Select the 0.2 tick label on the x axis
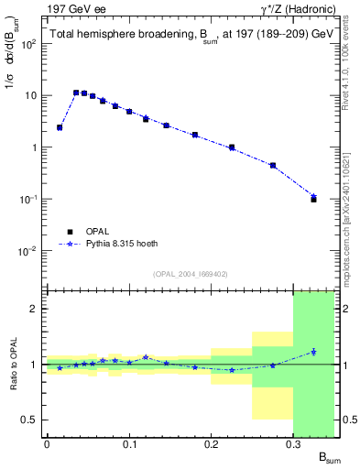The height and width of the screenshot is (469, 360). point(212,444)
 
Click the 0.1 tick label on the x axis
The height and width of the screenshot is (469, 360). point(129,444)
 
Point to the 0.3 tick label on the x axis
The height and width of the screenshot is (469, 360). point(294,444)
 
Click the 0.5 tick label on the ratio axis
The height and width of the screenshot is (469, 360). point(30,420)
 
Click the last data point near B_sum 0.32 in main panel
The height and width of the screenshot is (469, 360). point(313,198)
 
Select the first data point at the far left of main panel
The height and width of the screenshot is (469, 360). point(60,127)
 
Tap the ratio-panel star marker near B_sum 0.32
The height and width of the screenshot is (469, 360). point(313,352)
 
